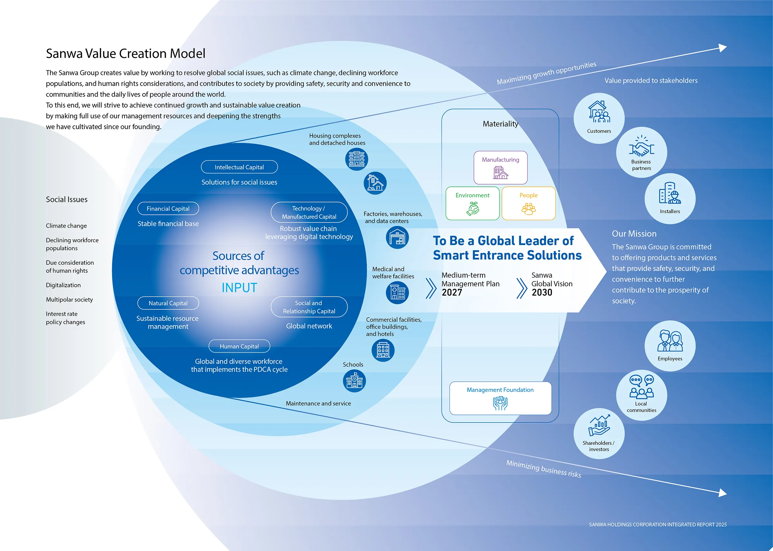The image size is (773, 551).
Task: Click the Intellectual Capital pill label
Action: (x=239, y=167)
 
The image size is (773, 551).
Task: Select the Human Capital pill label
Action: (x=239, y=346)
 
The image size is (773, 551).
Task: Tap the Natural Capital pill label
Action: (x=168, y=303)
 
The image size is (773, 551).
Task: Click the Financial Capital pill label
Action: (x=168, y=208)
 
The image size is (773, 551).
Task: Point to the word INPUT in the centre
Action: (x=239, y=288)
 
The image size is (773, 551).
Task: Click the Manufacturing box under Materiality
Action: (x=501, y=167)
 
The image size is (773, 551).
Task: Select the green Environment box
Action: (x=472, y=203)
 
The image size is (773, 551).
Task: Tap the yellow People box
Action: (x=528, y=203)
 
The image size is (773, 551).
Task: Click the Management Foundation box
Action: (x=500, y=398)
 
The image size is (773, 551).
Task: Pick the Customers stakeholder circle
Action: (x=599, y=118)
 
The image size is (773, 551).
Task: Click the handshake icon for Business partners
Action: (x=641, y=147)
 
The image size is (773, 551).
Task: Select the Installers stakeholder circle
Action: (x=670, y=198)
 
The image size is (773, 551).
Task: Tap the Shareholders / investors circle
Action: (x=599, y=433)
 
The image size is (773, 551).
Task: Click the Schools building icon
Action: (x=354, y=381)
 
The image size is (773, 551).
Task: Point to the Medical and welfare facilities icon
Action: (x=397, y=292)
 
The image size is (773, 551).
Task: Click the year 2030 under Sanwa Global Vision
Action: (x=542, y=292)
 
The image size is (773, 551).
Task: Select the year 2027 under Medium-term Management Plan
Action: (x=452, y=292)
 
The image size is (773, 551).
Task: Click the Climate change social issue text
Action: (x=66, y=226)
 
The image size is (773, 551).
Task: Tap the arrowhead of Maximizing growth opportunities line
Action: (x=723, y=48)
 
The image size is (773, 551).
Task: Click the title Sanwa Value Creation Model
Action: (x=126, y=53)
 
